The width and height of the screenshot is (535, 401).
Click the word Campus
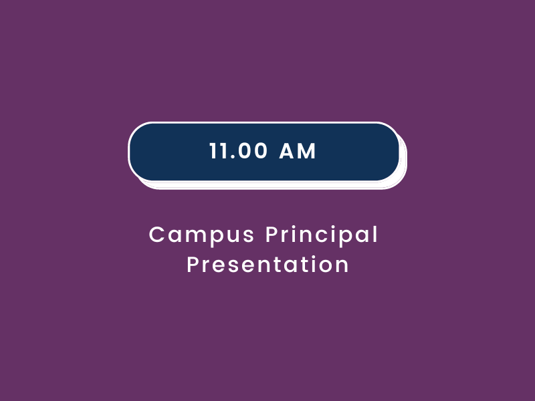point(202,235)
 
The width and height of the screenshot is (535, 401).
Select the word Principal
point(322,235)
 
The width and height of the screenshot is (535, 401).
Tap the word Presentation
point(268,265)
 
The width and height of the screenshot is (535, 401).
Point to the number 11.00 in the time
point(238,151)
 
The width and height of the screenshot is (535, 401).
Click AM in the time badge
point(298,151)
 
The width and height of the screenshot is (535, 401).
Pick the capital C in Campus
point(157,235)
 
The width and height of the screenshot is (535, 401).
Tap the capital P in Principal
point(272,235)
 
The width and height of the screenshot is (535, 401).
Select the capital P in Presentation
point(193,265)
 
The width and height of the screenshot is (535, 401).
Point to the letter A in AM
point(287,151)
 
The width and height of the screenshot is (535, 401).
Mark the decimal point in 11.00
point(232,158)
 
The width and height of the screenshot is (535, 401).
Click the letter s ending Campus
point(249,237)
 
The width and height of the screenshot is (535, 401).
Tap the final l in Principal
point(376,234)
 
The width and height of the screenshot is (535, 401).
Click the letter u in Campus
point(235,237)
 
